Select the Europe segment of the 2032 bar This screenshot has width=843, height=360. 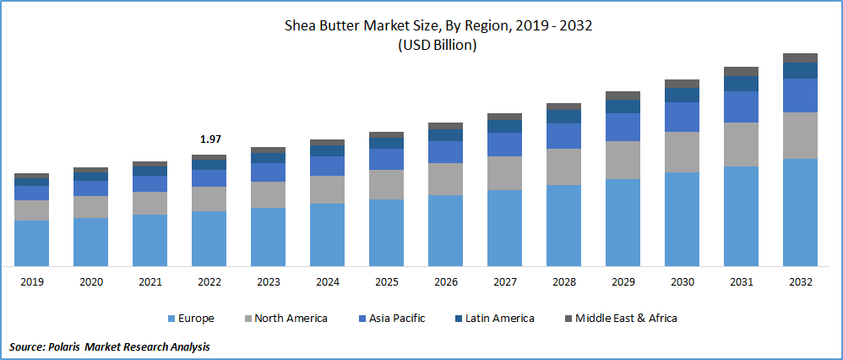800,212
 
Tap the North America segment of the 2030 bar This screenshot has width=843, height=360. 682,152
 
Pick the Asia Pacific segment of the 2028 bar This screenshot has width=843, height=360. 563,136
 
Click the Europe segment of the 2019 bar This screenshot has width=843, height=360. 31,243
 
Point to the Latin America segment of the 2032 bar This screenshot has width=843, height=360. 800,70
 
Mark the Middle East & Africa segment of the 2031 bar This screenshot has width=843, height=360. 741,71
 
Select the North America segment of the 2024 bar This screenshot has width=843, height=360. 327,189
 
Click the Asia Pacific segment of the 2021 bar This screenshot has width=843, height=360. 150,183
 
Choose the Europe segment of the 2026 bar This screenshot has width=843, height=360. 445,231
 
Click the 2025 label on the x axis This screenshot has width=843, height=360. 386,282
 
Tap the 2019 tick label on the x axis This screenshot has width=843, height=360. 31,282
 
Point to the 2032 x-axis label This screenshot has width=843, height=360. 800,282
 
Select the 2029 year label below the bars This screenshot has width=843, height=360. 623,282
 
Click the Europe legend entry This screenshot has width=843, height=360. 190,319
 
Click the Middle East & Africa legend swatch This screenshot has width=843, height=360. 568,319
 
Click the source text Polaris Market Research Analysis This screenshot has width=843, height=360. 110,346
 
